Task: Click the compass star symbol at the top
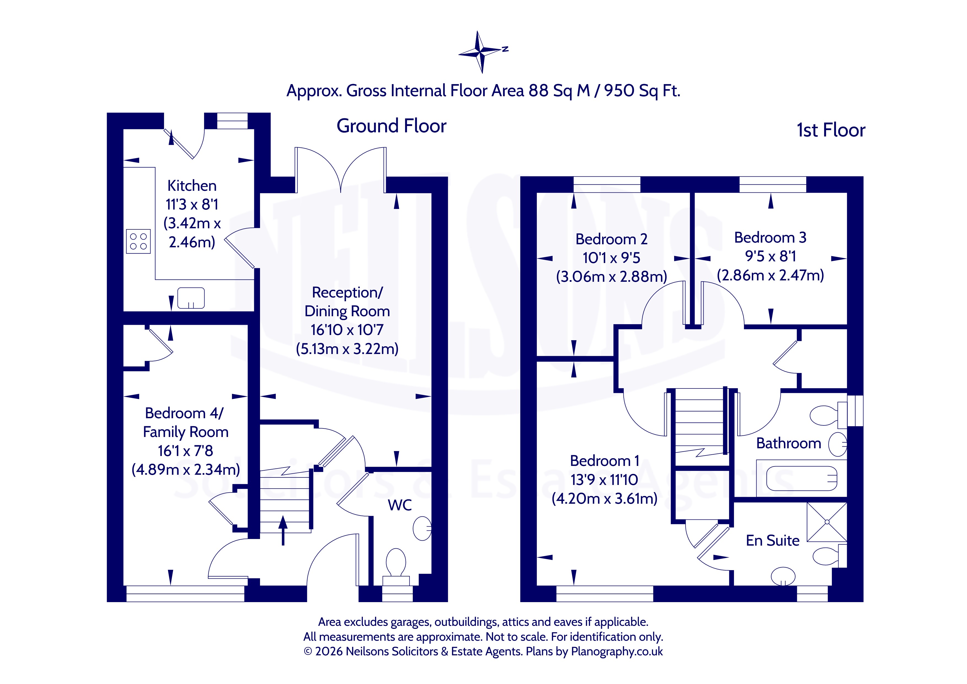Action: (481, 52)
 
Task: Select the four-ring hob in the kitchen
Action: (138, 241)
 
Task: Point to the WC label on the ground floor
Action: (400, 505)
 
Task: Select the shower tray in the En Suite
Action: (827, 522)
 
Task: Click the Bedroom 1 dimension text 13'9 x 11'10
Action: (604, 479)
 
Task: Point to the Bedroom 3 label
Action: (770, 238)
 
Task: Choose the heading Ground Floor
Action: (391, 126)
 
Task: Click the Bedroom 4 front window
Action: (185, 594)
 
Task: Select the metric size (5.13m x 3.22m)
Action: (347, 349)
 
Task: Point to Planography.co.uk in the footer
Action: (617, 651)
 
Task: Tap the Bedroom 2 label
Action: (612, 239)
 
